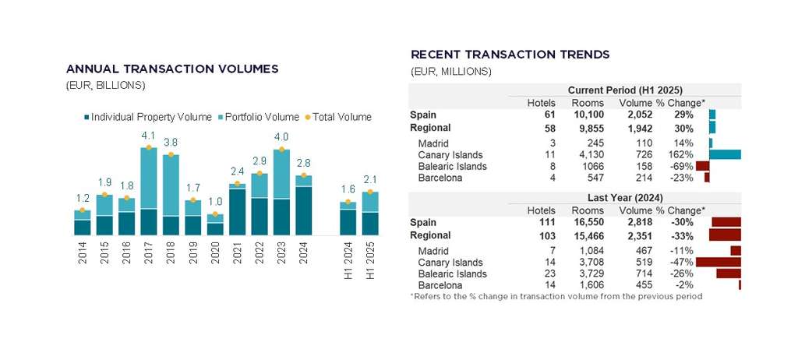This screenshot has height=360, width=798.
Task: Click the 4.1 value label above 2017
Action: [x=148, y=135]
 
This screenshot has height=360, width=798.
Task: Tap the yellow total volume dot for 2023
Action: [x=281, y=149]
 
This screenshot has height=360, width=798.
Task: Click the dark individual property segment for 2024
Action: [x=304, y=210]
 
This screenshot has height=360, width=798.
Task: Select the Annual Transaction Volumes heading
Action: [x=172, y=69]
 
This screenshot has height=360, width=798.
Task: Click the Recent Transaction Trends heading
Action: [x=510, y=55]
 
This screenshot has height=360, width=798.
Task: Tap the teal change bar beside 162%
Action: [x=725, y=155]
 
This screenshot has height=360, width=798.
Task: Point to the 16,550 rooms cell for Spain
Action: [x=582, y=222]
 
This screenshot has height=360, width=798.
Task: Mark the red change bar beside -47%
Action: [x=718, y=263]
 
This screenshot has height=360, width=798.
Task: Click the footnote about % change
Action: [x=556, y=296]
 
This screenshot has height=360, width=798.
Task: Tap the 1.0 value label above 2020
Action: [x=215, y=203]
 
